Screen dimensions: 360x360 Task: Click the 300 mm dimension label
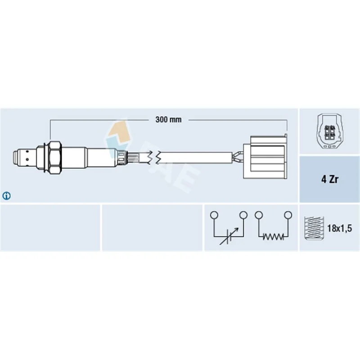coord(168,120)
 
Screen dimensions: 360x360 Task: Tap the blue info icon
coord(6,196)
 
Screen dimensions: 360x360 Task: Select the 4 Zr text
coord(330,179)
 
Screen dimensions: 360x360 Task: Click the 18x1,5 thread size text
coord(339,228)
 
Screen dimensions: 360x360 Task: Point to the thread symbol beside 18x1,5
coord(314,228)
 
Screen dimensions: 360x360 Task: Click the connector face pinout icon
coord(330,131)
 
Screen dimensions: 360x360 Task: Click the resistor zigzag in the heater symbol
coord(273,237)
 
